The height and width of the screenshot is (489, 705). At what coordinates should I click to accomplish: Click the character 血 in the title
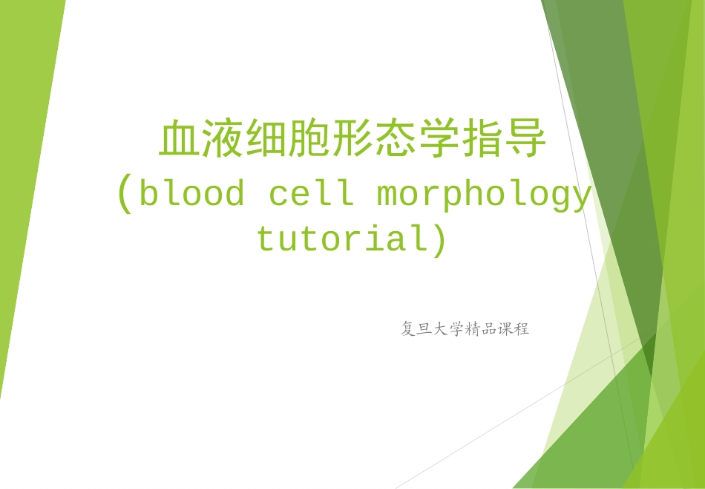180,140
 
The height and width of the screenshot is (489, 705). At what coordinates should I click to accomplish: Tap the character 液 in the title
223,140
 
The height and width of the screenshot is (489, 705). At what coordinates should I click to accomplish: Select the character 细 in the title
266,140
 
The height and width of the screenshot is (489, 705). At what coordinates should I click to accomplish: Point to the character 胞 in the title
309,140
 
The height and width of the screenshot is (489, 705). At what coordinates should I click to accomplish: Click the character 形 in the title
352,140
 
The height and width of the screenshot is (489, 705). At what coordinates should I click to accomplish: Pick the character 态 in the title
396,140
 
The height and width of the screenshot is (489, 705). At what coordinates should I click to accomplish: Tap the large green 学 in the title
439,140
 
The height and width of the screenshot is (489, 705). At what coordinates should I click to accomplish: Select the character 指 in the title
482,140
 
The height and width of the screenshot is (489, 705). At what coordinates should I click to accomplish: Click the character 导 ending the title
525,140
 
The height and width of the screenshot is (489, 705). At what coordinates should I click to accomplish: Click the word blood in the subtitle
192,195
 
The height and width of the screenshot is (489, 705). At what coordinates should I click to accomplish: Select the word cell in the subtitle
311,195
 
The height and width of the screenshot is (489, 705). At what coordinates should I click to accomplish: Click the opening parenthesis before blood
125,195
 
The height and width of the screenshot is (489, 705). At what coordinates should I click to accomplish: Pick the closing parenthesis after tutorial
440,240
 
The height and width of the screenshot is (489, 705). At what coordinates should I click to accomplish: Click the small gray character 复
408,328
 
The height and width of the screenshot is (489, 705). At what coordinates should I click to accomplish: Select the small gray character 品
489,328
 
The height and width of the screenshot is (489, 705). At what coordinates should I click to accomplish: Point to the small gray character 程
522,328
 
